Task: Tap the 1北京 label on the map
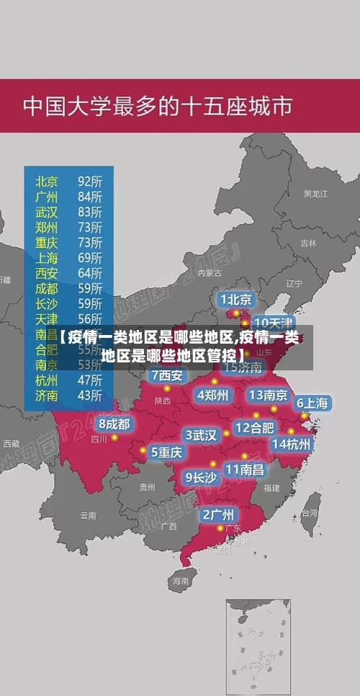pyautogui.click(x=235, y=299)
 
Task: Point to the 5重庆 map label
pyautogui.click(x=166, y=452)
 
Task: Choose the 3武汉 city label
pyautogui.click(x=202, y=435)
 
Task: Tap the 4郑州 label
pyautogui.click(x=213, y=395)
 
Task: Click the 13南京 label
pyautogui.click(x=268, y=395)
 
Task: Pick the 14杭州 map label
pyautogui.click(x=292, y=444)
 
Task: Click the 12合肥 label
pyautogui.click(x=254, y=428)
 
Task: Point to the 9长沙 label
pyautogui.click(x=201, y=476)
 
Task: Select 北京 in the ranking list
pyautogui.click(x=47, y=180)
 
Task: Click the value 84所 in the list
pyautogui.click(x=90, y=196)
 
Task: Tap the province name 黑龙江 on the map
pyautogui.click(x=315, y=194)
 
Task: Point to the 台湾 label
pyautogui.click(x=309, y=513)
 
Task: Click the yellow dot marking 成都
pyautogui.click(x=114, y=437)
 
